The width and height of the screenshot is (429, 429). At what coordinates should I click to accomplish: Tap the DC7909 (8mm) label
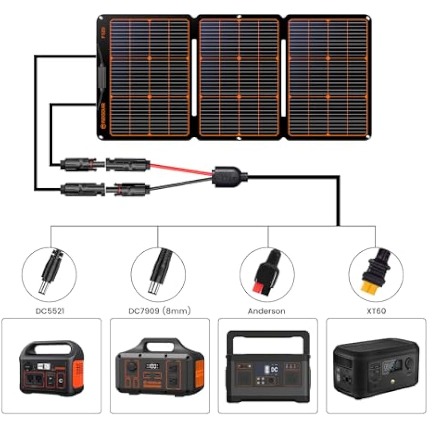pyautogui.click(x=158, y=311)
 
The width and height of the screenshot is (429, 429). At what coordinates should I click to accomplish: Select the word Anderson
pyautogui.click(x=266, y=311)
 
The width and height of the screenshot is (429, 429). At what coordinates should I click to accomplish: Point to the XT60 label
pyautogui.click(x=376, y=311)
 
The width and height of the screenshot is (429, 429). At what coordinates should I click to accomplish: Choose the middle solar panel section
pyautogui.click(x=239, y=78)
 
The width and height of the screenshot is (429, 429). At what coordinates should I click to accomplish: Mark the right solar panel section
pyautogui.click(x=328, y=78)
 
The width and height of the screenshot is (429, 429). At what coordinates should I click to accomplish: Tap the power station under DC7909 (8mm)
pyautogui.click(x=160, y=365)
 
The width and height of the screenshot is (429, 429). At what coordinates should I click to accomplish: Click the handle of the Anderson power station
pyautogui.click(x=268, y=337)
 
